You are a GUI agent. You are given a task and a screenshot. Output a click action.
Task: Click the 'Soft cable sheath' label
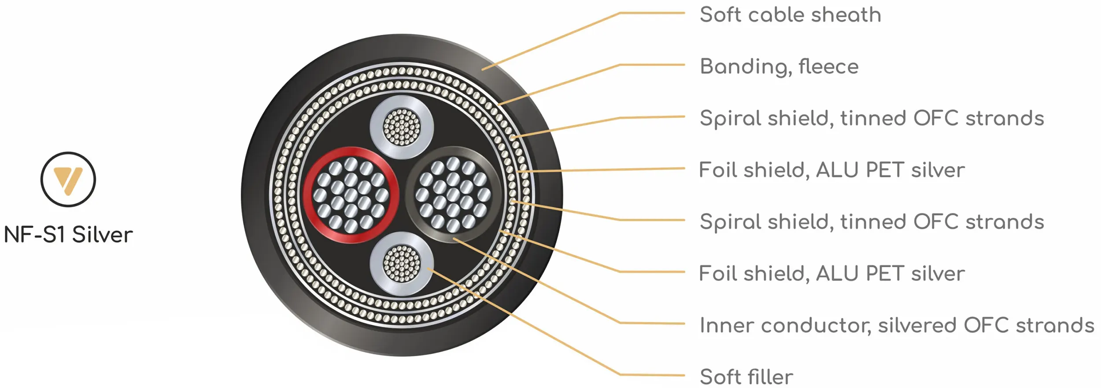(x=790, y=15)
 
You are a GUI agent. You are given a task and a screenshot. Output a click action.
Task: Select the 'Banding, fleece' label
(x=779, y=67)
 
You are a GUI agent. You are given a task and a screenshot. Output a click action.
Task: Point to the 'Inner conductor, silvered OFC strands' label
(x=897, y=325)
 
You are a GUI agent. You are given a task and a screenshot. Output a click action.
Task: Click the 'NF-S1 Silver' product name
(x=68, y=235)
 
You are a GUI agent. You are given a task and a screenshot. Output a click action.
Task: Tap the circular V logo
(x=68, y=179)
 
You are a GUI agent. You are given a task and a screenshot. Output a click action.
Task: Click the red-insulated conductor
(x=351, y=195)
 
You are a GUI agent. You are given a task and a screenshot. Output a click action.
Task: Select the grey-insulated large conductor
(x=453, y=194)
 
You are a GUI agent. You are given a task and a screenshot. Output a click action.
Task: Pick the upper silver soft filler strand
(x=402, y=127)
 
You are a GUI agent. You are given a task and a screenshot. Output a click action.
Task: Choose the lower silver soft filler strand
(x=402, y=264)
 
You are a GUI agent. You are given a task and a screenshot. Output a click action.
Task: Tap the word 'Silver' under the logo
(x=102, y=235)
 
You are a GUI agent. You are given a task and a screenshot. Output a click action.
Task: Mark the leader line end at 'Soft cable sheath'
(x=483, y=70)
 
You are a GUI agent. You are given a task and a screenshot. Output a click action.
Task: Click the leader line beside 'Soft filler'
(x=652, y=375)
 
